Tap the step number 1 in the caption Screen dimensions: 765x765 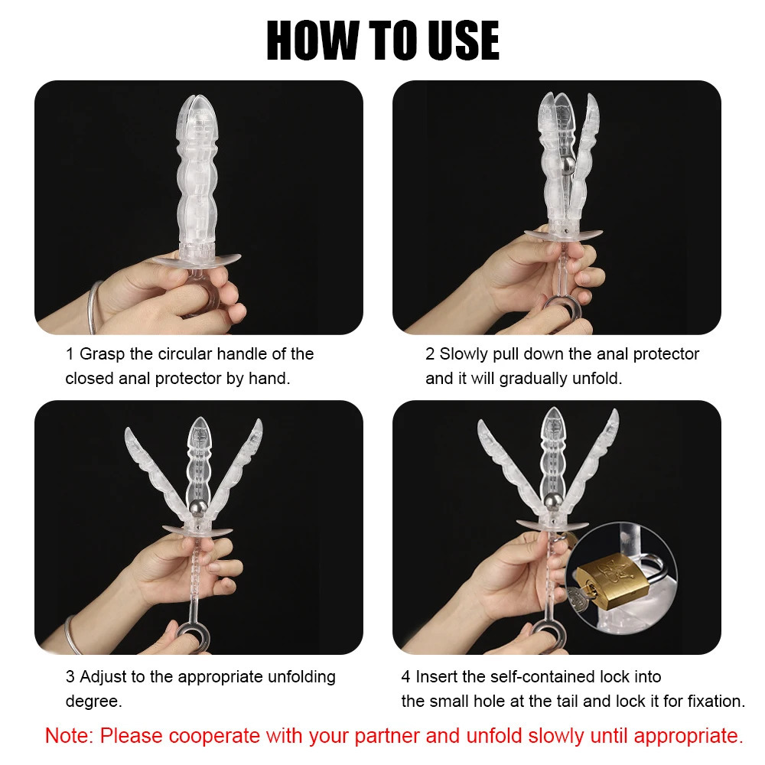tap(70, 354)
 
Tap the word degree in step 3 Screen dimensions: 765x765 tap(91, 702)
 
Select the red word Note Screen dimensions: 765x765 tap(68, 736)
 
